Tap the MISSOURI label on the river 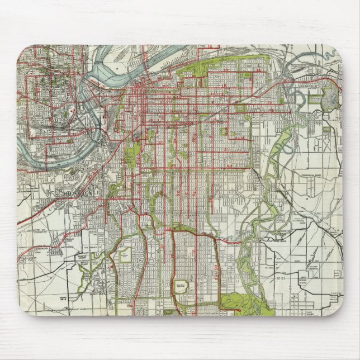pos(162,58)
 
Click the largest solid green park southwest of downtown pos(132,153)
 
